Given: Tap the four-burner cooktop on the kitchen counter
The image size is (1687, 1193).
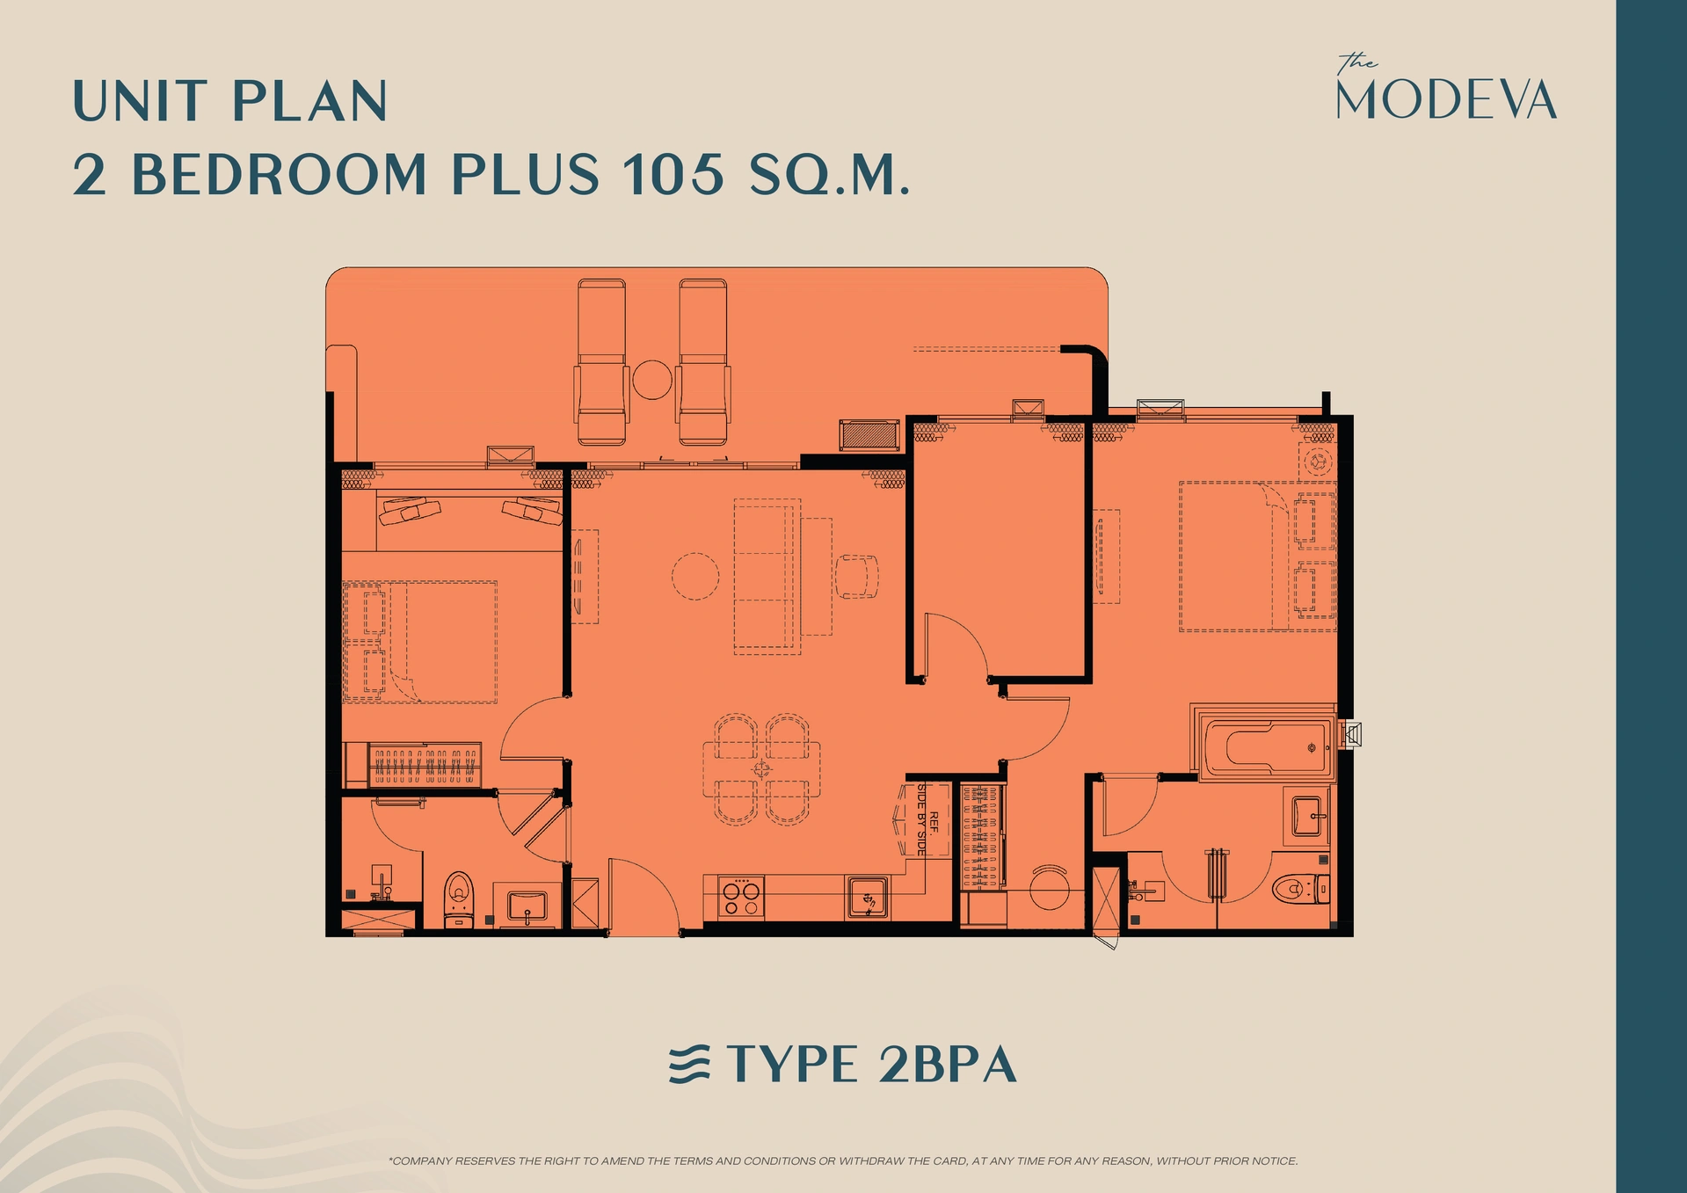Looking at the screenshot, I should [740, 898].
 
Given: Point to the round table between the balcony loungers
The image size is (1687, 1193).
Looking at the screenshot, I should [652, 380].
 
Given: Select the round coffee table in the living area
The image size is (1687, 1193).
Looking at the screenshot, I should [695, 576].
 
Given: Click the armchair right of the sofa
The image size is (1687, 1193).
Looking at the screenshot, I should [856, 577].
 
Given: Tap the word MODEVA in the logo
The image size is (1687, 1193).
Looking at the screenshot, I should [1446, 99].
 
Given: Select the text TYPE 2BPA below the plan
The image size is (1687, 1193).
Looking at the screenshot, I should [871, 1065].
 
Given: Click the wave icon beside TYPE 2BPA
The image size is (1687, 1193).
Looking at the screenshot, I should [689, 1065].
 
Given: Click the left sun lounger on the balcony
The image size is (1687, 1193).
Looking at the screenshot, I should [601, 362].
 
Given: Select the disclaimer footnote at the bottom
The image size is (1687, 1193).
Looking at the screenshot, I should [843, 1160].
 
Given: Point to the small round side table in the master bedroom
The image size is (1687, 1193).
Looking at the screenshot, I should [1318, 461].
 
